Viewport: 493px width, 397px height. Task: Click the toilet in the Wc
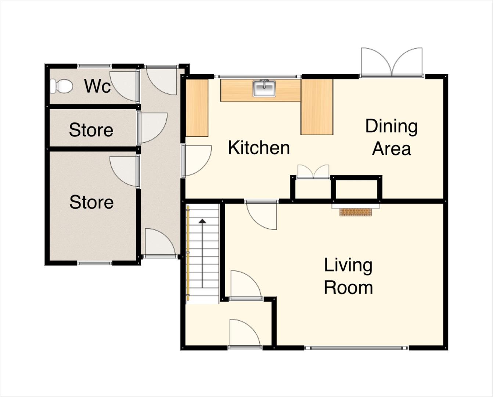[61, 86]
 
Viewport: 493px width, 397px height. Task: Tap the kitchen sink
[264, 88]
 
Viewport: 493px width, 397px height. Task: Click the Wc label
[97, 86]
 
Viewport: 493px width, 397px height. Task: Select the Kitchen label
[259, 148]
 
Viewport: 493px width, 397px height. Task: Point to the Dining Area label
[391, 137]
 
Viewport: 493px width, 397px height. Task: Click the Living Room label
[348, 276]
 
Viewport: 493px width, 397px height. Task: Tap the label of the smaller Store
[91, 130]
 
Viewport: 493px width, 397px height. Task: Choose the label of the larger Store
[91, 202]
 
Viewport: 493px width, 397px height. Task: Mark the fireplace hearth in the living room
[356, 212]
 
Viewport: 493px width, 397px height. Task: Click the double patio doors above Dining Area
[392, 62]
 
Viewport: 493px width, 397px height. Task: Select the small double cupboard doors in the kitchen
[313, 172]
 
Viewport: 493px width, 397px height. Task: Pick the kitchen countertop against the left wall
[197, 108]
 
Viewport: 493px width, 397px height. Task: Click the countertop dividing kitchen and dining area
[317, 107]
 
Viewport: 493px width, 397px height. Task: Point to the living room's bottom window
[356, 348]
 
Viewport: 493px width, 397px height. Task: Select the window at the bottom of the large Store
[95, 263]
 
